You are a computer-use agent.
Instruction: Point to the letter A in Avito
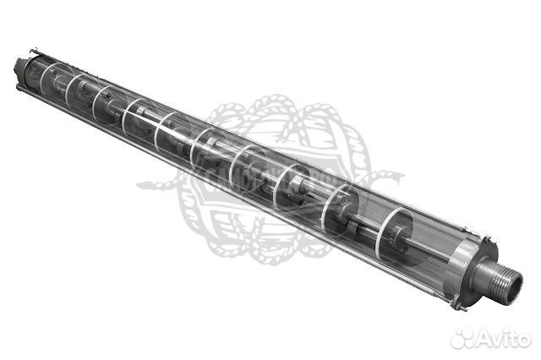[x=484, y=338]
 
